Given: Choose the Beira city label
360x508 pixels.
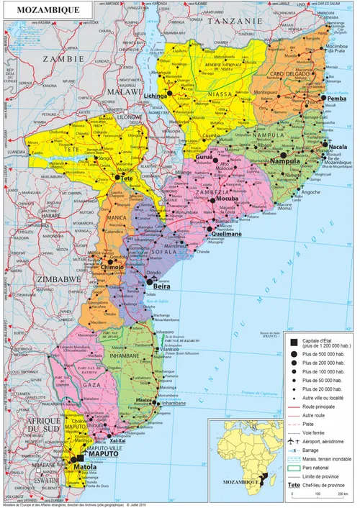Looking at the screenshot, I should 162,286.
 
